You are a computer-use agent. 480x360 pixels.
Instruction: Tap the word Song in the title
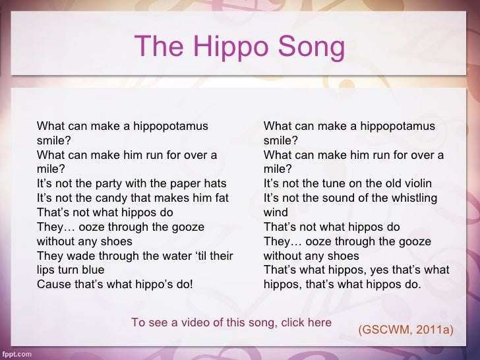point(309,47)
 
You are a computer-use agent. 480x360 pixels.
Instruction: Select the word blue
point(92,270)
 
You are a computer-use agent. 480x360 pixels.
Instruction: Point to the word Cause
point(53,285)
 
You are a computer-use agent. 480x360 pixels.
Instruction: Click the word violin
point(415,183)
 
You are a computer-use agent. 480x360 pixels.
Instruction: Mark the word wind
point(276,212)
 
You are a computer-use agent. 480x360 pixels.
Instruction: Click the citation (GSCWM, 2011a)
point(405,328)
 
